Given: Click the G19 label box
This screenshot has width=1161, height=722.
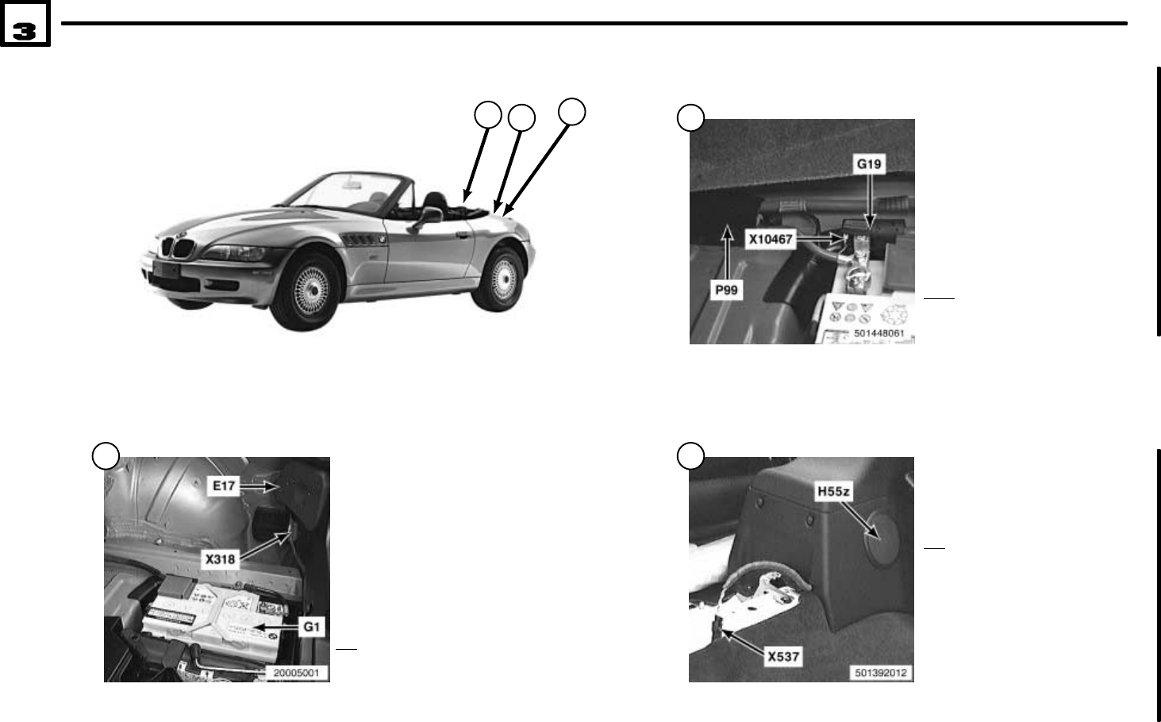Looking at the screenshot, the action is tap(869, 164).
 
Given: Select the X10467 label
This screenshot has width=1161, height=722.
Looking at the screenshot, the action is tap(771, 238).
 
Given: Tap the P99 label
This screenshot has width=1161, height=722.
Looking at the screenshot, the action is tap(726, 290).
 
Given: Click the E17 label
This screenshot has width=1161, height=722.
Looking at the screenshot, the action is tap(224, 486).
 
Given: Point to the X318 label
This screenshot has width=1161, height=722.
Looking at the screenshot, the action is tap(221, 559).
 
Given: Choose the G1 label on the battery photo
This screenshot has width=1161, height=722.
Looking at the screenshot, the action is tap(312, 627).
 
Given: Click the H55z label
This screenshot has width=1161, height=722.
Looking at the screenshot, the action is tap(833, 491).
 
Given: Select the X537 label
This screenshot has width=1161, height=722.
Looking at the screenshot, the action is tap(782, 656).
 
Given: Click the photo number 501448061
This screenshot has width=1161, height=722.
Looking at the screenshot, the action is tap(878, 334).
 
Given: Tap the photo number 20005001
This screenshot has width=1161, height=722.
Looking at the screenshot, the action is tap(296, 673).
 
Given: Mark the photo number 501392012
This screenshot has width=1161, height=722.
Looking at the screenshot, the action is tap(880, 673).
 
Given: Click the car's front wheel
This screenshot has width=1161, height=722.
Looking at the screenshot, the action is tap(306, 289).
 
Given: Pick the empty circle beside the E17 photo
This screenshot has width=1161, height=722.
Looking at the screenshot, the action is tap(106, 455).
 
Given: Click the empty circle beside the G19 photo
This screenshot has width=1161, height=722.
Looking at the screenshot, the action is tap(691, 117).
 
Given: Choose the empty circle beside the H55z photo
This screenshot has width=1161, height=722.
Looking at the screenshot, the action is tap(690, 455).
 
